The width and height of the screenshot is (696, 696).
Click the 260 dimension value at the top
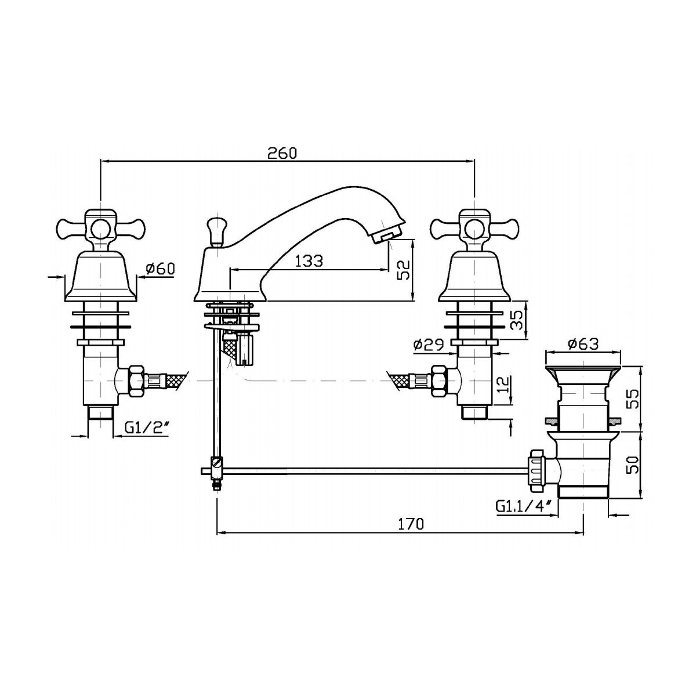click(x=282, y=153)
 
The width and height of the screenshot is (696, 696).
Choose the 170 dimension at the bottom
click(x=411, y=524)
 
